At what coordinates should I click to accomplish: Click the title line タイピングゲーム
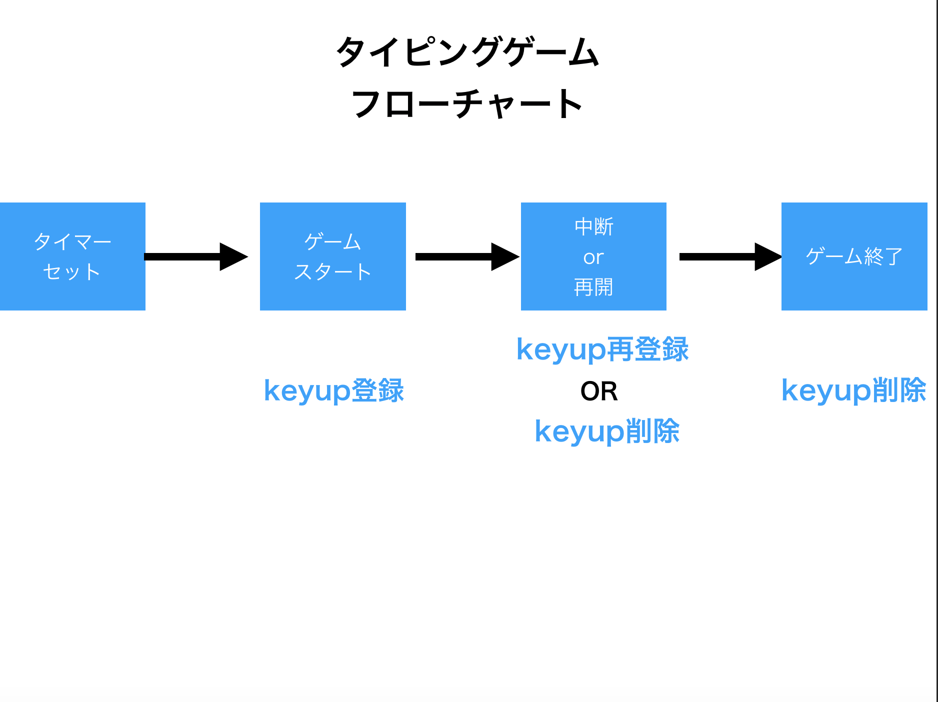(x=467, y=52)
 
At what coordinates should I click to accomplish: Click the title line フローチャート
(x=467, y=104)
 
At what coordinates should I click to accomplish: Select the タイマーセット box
(x=72, y=256)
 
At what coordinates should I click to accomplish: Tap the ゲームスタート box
(x=333, y=256)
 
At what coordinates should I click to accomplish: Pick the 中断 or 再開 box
(x=593, y=256)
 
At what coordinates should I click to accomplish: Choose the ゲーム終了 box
(x=854, y=256)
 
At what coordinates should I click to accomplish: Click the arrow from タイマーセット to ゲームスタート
(x=196, y=257)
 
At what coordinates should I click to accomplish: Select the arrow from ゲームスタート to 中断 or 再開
(x=467, y=257)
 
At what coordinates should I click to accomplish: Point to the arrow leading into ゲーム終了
(x=730, y=257)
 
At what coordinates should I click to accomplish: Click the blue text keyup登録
(x=334, y=390)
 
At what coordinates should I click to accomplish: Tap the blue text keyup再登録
(x=602, y=349)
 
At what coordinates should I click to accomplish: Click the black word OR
(x=599, y=391)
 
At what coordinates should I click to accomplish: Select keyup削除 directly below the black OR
(x=607, y=431)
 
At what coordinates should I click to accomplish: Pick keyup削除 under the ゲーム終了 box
(x=854, y=390)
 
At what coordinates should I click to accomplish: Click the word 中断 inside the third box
(x=594, y=227)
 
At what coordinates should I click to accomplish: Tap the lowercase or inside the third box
(x=593, y=257)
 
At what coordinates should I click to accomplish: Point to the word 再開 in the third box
(x=593, y=287)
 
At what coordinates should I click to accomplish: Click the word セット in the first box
(x=71, y=272)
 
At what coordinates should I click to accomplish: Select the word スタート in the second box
(x=332, y=272)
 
